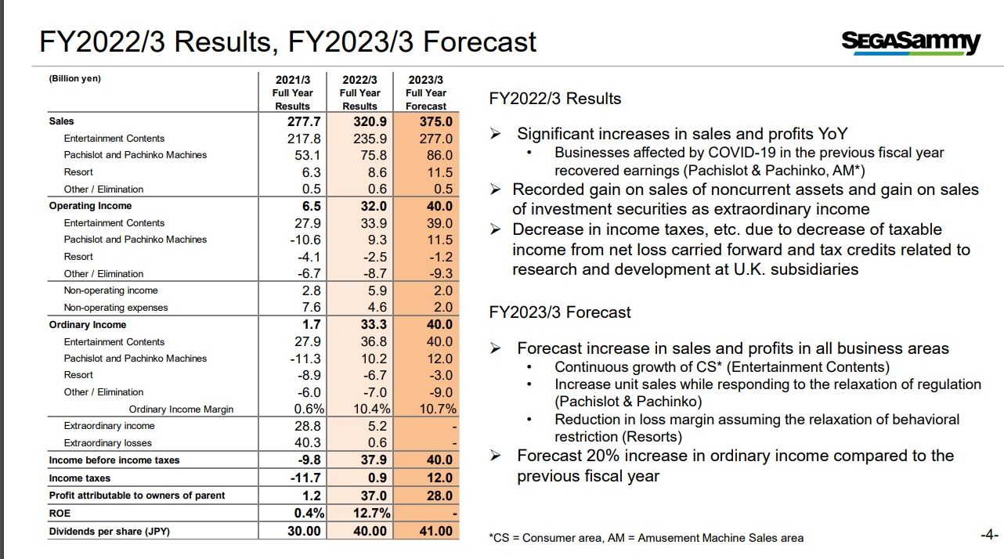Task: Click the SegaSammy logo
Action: (x=912, y=43)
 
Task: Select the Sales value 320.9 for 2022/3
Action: (x=370, y=121)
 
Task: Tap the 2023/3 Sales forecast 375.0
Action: (x=435, y=121)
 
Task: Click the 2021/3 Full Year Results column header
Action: (x=293, y=92)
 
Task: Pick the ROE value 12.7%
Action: (x=371, y=513)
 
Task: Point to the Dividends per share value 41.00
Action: (x=435, y=532)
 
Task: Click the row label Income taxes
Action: (x=79, y=478)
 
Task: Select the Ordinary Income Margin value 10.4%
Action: (x=371, y=409)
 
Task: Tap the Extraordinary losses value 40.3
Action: (x=308, y=442)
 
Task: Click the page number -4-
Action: (x=989, y=535)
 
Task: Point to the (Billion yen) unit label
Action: (x=75, y=78)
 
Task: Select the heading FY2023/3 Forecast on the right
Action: (x=559, y=312)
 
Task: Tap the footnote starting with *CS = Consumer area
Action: (x=646, y=538)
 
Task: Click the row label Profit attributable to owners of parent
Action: (x=137, y=496)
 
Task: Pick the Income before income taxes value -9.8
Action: (x=309, y=460)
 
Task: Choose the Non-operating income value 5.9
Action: (x=377, y=290)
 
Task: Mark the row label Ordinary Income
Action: (x=88, y=325)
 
